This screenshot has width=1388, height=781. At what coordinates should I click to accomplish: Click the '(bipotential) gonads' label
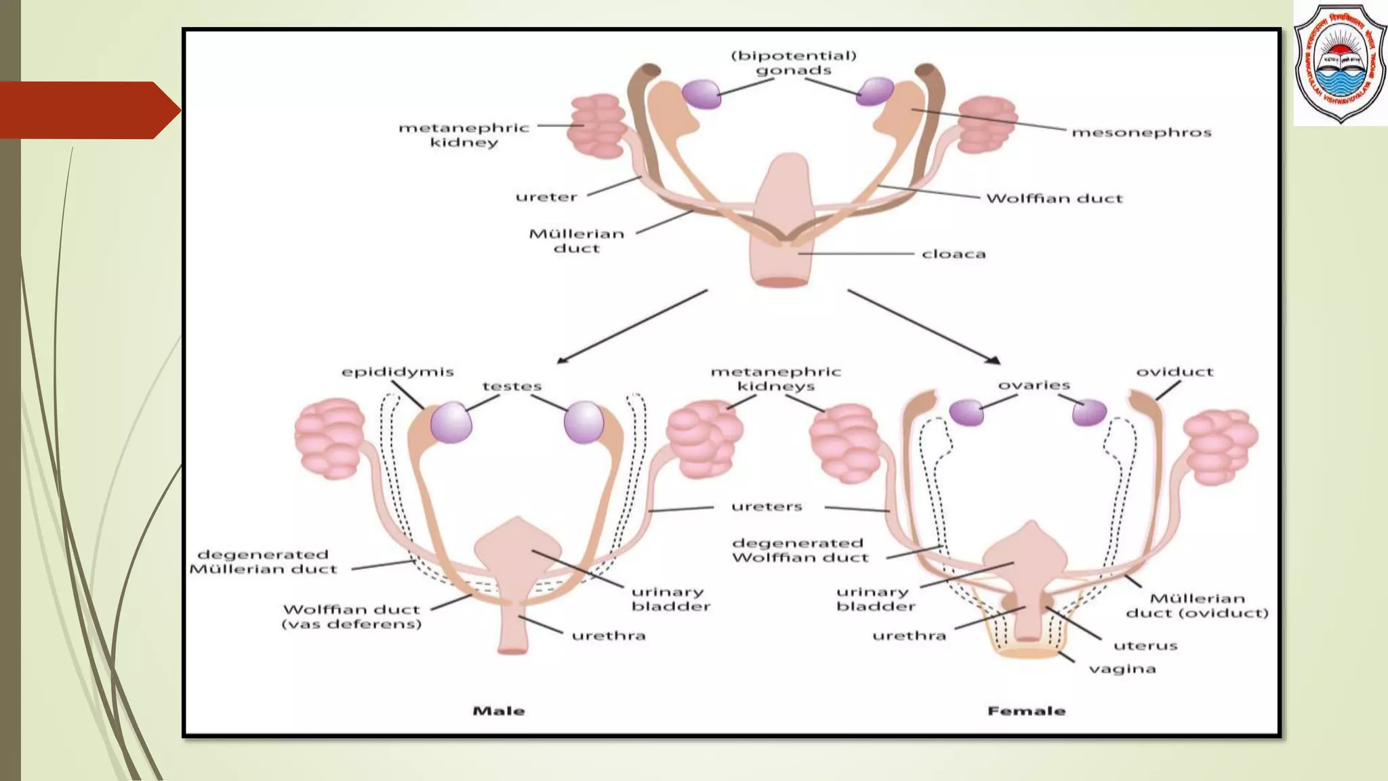tap(793, 63)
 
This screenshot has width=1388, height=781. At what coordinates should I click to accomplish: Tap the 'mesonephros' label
tap(1141, 132)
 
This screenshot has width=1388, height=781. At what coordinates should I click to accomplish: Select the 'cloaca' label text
tap(953, 254)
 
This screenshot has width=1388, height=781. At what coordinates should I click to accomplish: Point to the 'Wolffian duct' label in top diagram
tap(1054, 199)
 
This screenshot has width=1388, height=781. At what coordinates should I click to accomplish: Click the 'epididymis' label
tap(397, 372)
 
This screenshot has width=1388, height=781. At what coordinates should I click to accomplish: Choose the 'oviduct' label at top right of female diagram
tap(1175, 372)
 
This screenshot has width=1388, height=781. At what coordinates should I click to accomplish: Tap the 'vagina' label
tap(1122, 669)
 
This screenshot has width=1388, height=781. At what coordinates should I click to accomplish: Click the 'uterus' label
tap(1145, 645)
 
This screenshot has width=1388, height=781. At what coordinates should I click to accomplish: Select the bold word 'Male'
tap(499, 711)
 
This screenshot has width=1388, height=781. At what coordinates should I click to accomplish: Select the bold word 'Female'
tap(1026, 711)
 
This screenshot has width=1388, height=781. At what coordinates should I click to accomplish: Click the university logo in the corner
tap(1339, 64)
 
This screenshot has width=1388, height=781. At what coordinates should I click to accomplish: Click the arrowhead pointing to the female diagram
tap(994, 360)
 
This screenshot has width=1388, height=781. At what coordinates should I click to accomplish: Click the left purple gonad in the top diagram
tap(701, 94)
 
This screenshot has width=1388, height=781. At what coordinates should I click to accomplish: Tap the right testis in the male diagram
tap(584, 422)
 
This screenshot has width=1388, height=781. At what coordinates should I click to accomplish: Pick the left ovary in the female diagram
tap(966, 412)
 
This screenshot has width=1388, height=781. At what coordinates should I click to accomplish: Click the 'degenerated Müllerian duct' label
tap(263, 562)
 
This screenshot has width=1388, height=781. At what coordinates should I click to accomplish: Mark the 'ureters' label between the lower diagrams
tap(767, 506)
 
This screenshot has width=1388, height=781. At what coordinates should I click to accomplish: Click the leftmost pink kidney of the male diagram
tap(330, 438)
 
